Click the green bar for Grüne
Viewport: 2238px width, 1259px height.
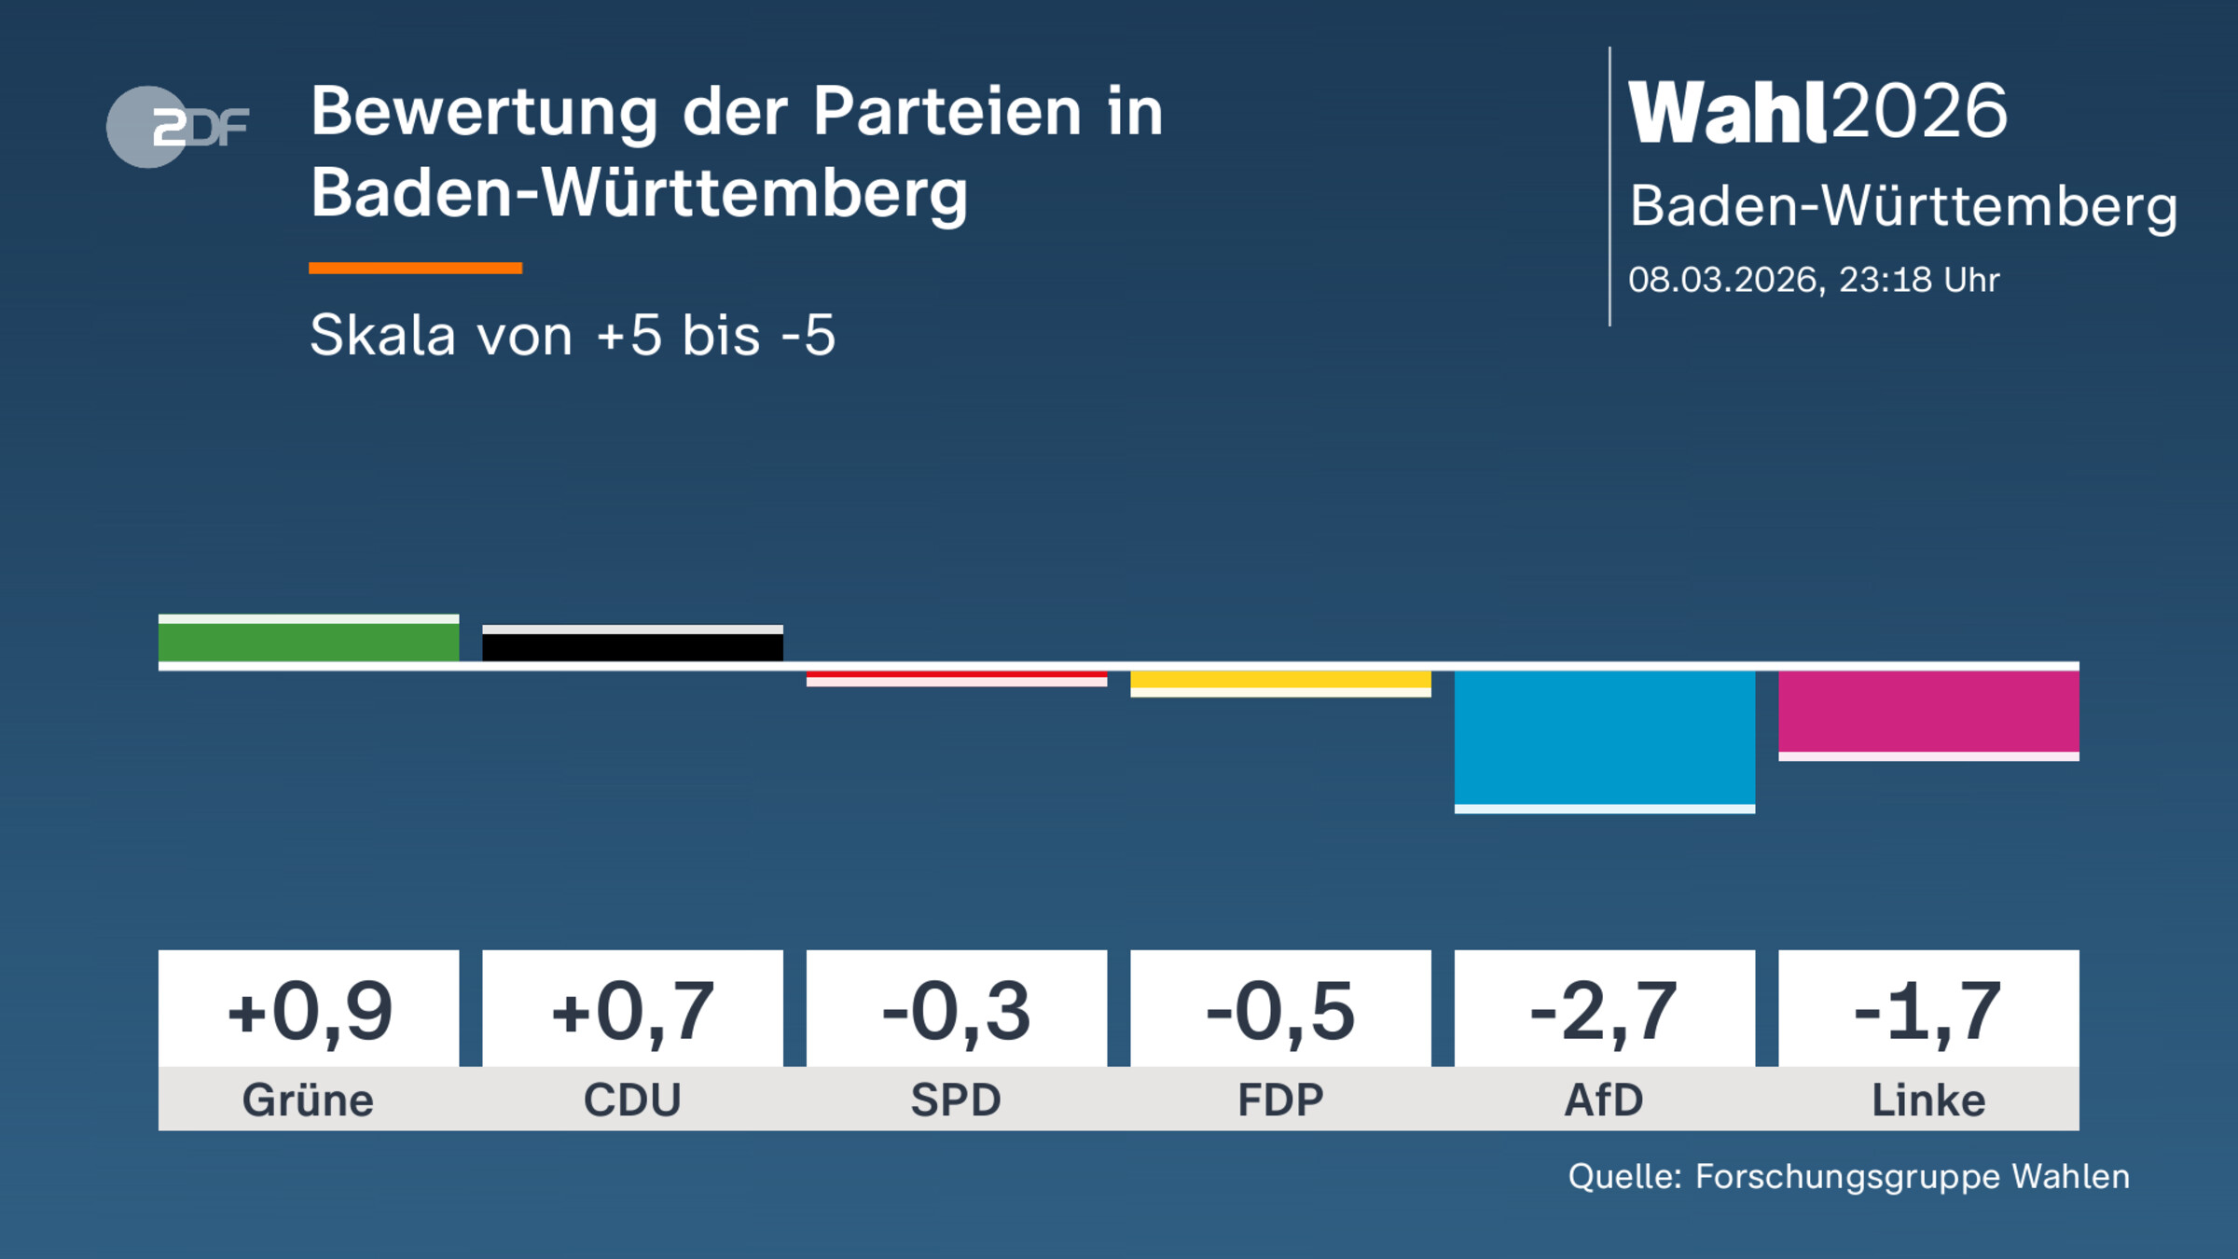pos(309,641)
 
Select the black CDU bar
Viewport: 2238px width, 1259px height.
pos(632,645)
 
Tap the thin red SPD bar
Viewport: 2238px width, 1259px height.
pos(957,675)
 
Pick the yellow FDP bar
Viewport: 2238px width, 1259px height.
pos(1280,680)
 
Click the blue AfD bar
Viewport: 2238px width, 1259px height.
pos(1605,737)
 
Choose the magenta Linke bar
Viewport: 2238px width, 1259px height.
pos(1928,711)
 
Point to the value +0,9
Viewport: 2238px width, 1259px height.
pos(309,1011)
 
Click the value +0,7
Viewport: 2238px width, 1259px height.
pos(632,1011)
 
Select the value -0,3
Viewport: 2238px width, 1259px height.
pos(957,1011)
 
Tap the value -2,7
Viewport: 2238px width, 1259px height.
pos(1605,1011)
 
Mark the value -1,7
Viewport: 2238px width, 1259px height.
pos(1928,1011)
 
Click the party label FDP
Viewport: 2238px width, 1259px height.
pos(1280,1100)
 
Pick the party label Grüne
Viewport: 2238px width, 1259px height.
pos(309,1100)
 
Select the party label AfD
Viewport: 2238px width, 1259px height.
pos(1605,1100)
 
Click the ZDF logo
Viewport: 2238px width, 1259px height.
pos(177,127)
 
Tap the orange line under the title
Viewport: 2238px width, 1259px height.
pos(415,269)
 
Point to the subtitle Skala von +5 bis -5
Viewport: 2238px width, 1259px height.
pos(573,335)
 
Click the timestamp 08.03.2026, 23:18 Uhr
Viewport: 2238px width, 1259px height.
pos(1814,280)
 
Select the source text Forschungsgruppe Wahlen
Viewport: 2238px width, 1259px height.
pos(1912,1177)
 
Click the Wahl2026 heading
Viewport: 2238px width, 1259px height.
pos(1817,112)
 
